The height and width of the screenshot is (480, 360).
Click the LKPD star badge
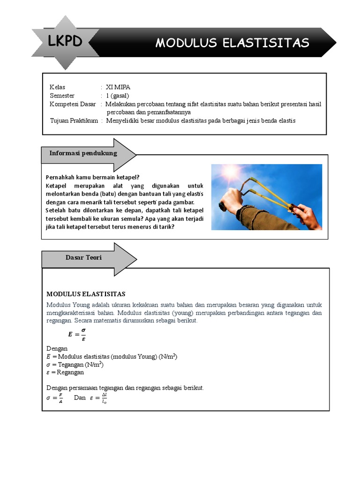pos(65,42)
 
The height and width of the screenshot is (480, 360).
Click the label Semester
pos(62,96)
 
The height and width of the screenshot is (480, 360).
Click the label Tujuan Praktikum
pos(74,120)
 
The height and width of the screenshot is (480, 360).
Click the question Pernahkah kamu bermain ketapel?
pos(93,177)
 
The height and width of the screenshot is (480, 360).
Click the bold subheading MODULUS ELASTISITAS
pos(86,294)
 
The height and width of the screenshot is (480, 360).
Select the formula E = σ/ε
pos(77,334)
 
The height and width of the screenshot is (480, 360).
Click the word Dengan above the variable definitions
pos(57,348)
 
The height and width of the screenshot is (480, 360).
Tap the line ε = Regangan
pos(65,372)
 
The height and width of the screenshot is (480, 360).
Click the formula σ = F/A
pos(55,398)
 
